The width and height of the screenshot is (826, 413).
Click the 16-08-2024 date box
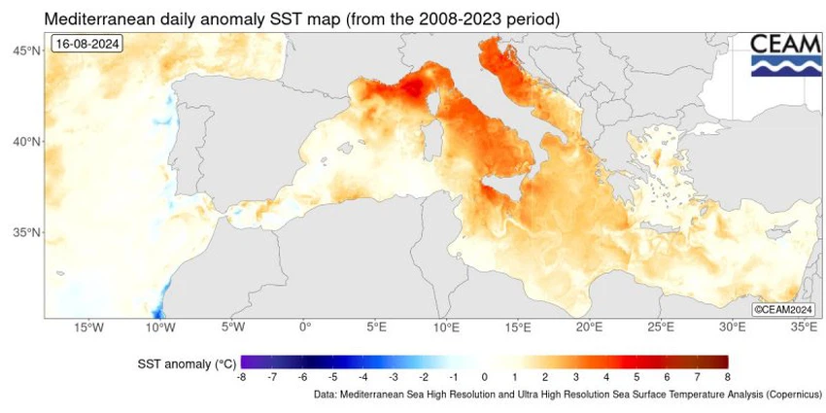click(87, 45)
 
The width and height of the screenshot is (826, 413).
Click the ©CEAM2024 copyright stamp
click(783, 309)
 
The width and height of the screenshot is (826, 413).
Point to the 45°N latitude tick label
click(26, 50)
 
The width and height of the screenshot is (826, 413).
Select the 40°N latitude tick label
click(26, 142)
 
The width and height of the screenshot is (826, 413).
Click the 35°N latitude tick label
click(26, 233)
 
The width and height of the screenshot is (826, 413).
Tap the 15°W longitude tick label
click(88, 328)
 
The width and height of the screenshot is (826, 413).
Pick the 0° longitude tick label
click(304, 328)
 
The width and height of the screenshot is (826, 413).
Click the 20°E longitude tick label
click(590, 328)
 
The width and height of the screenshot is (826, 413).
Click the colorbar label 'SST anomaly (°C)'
click(186, 363)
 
